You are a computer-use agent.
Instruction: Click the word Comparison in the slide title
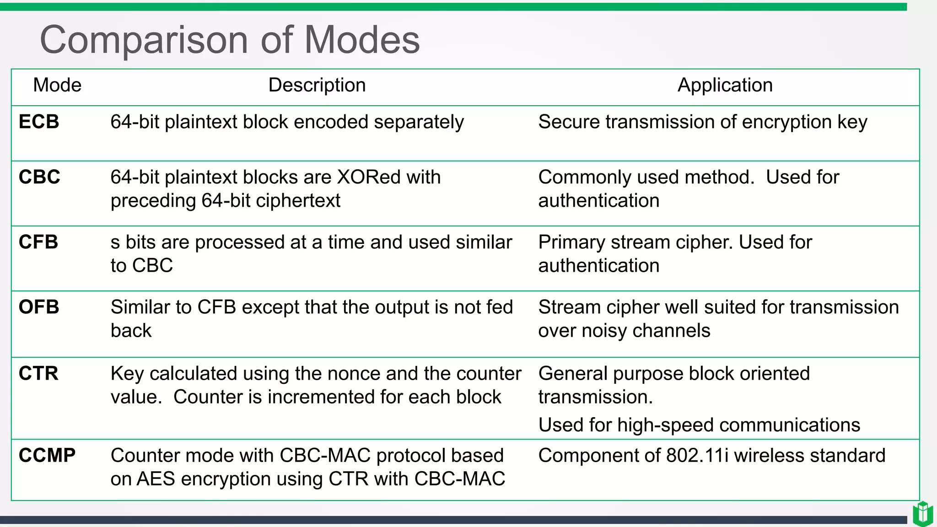click(144, 40)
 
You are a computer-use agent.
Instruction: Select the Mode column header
click(57, 85)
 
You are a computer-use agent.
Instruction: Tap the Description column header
click(317, 85)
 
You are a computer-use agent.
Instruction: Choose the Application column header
click(725, 85)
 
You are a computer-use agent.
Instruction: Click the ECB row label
click(39, 122)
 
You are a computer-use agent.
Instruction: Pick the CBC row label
click(39, 177)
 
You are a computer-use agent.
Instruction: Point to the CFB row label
click(38, 242)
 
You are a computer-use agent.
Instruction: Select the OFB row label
click(39, 307)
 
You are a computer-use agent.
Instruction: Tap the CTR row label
click(38, 373)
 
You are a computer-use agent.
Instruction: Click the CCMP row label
click(47, 455)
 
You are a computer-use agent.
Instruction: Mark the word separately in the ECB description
click(418, 122)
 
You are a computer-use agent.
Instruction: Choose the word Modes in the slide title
click(361, 40)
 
